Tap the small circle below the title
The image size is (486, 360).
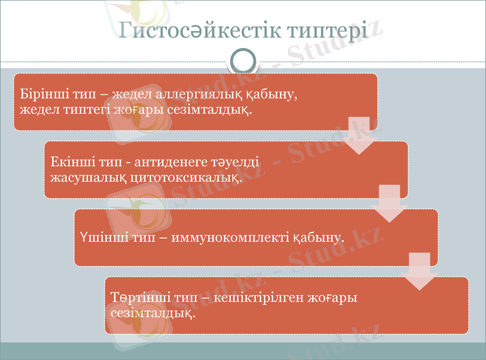pyautogui.click(x=243, y=61)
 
